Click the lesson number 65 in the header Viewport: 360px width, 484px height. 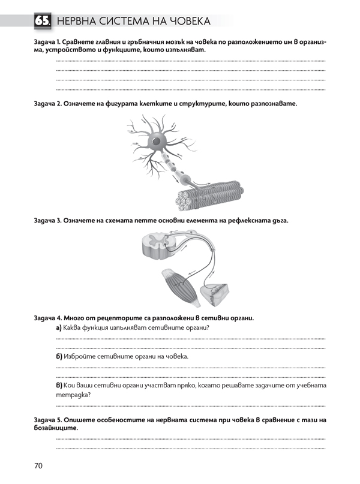click(x=41, y=22)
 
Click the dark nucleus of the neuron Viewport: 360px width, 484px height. click(x=157, y=142)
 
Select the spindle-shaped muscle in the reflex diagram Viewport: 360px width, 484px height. click(x=182, y=284)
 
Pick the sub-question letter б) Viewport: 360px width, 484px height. click(x=59, y=356)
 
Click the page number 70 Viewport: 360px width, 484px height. click(x=39, y=465)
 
